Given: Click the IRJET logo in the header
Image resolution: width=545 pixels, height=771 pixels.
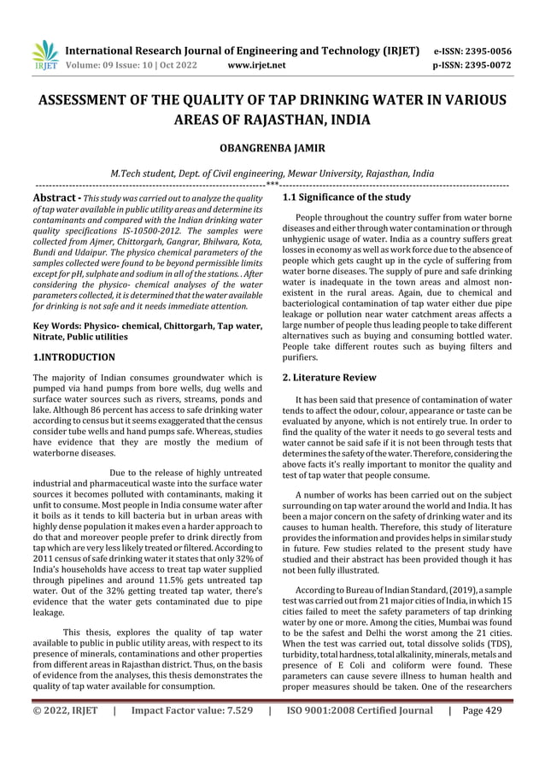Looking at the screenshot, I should (x=44, y=56).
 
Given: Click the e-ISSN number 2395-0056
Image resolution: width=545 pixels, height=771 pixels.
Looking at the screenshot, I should (x=491, y=50).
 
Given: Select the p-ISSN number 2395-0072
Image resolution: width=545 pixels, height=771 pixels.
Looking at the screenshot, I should (x=491, y=64).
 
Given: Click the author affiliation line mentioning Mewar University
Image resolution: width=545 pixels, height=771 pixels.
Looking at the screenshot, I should (x=272, y=171).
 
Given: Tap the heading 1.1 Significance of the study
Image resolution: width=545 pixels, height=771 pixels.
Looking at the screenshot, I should (x=346, y=197).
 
